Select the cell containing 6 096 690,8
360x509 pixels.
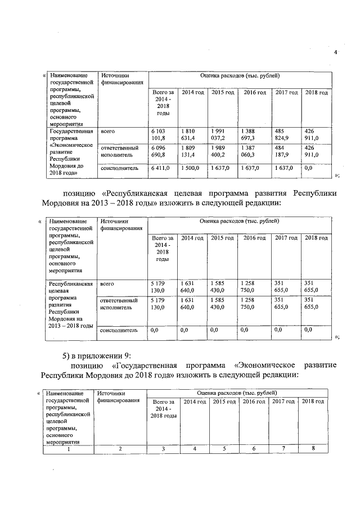tap(159, 151)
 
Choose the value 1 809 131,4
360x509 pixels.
tap(189, 151)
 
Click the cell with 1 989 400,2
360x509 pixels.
tap(219, 151)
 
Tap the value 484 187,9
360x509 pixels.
tap(283, 151)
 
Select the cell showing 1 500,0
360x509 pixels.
tap(191, 168)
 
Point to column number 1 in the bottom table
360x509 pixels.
tap(69, 448)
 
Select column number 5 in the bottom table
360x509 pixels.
tap(224, 448)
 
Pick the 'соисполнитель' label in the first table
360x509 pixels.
tap(118, 168)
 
